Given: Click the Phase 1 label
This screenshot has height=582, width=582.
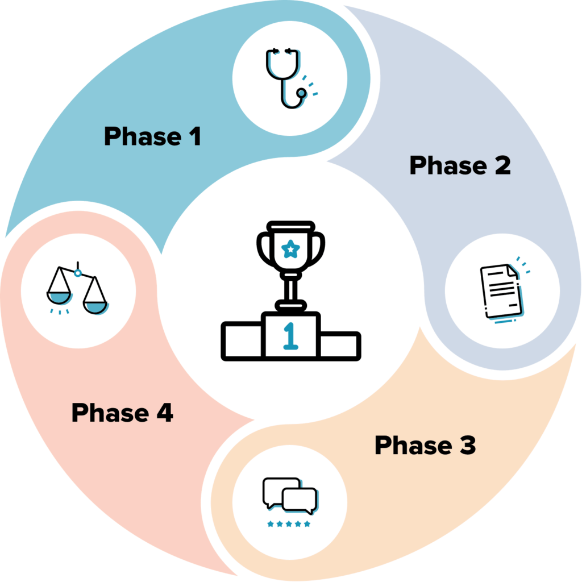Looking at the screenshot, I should click(x=152, y=137).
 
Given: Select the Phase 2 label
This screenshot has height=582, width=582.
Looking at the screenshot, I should click(x=459, y=165).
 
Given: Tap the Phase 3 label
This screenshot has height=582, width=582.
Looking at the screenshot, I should click(x=425, y=446).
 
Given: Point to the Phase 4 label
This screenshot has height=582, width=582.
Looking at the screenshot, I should click(x=122, y=413).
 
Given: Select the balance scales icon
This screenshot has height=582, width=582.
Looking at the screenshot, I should click(x=78, y=292).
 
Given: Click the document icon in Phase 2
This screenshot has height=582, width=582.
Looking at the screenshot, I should click(x=501, y=293).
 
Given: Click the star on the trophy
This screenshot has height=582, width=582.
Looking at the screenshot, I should click(x=291, y=248).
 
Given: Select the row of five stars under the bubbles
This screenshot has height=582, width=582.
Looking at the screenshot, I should click(x=289, y=523).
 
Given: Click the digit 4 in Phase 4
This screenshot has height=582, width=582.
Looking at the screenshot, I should click(x=165, y=413).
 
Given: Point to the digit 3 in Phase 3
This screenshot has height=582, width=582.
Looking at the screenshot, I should click(x=467, y=446).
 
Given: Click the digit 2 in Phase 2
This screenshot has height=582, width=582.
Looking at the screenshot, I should click(x=502, y=165).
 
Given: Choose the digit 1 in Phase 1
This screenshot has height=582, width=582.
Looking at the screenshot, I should click(x=194, y=137).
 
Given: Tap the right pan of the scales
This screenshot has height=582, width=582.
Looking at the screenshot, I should click(x=96, y=306).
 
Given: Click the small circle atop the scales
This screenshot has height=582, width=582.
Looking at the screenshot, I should click(x=77, y=273).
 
